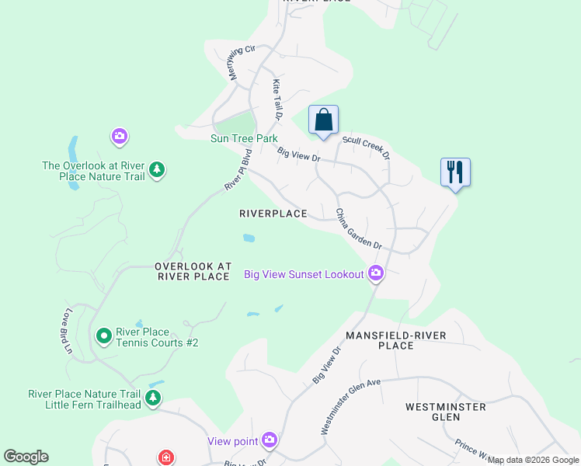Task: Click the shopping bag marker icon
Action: point(323,120)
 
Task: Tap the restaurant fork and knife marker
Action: point(455,172)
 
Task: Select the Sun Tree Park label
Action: point(244,139)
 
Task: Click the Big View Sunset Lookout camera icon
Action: point(376,273)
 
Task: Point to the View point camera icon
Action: point(270,440)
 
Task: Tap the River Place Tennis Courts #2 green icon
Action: point(103,336)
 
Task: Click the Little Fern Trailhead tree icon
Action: point(154,398)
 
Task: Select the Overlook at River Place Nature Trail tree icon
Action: point(157,170)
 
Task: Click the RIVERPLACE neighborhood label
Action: point(273,214)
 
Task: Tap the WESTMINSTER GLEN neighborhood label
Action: point(445,412)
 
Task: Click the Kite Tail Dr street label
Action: point(276,98)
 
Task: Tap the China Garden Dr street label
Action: point(359,228)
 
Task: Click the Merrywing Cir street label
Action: point(240,57)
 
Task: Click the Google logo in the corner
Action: point(26,457)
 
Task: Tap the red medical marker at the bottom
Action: point(165,458)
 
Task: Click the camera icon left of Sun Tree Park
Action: point(118,137)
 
